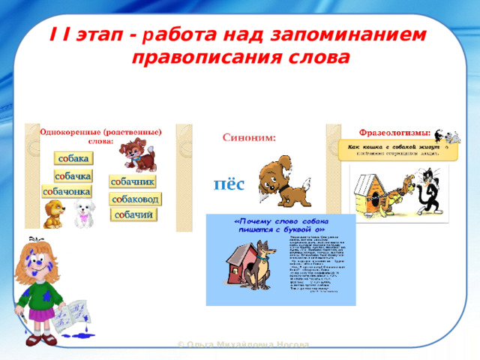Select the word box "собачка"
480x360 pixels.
coord(73,175)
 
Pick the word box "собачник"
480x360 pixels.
coord(133,181)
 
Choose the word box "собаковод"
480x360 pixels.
coord(136,199)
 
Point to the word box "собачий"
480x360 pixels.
coord(133,215)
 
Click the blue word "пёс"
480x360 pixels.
coord(229,183)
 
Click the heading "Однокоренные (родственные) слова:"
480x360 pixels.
coord(100,136)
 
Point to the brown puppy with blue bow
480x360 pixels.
coord(139,154)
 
